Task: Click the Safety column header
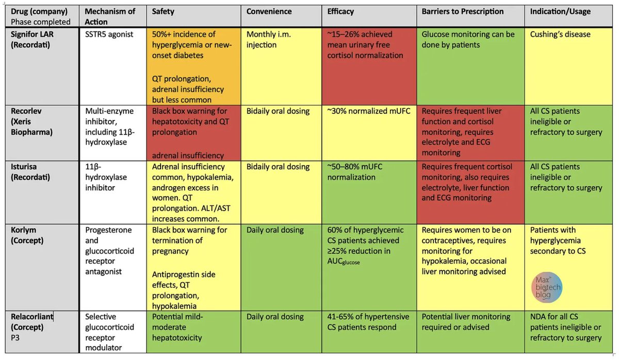(163, 11)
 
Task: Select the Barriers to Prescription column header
(463, 11)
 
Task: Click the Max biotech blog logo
(547, 287)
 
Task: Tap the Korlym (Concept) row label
(27, 235)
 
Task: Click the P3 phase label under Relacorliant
(15, 338)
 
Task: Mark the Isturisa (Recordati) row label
(30, 172)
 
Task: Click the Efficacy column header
(340, 11)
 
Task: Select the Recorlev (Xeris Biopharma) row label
(31, 122)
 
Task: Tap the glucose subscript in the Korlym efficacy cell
(351, 263)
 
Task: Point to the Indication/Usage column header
(560, 11)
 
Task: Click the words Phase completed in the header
(41, 22)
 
